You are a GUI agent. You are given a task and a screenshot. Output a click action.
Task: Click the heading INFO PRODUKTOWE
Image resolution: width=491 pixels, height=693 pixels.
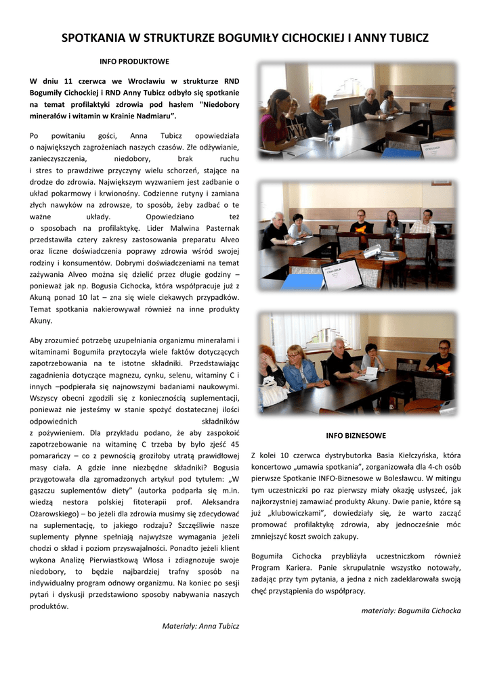tap(134, 62)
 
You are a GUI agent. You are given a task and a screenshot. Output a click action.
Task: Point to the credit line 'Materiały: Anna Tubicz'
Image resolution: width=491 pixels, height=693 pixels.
tap(200, 626)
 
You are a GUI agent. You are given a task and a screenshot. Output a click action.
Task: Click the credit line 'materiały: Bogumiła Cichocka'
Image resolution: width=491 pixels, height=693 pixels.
tap(411, 610)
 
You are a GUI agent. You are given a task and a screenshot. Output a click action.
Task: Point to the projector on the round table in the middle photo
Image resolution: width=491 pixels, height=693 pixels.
tap(374, 250)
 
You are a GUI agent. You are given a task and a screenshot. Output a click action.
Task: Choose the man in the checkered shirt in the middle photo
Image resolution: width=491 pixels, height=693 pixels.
tap(424, 224)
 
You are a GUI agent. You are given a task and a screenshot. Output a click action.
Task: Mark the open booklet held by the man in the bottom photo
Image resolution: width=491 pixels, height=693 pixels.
tap(366, 374)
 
